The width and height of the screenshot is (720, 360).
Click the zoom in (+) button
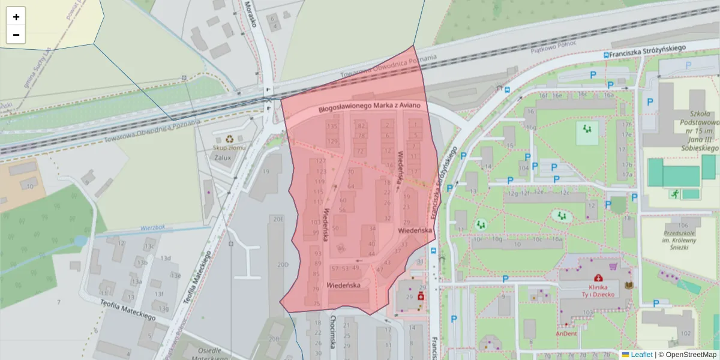pyautogui.click(x=16, y=17)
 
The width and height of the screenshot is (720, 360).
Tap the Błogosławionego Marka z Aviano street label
pyautogui.click(x=373, y=107)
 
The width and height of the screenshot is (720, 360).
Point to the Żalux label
pyautogui.click(x=223, y=157)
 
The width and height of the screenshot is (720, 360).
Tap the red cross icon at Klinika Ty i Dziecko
pyautogui.click(x=598, y=277)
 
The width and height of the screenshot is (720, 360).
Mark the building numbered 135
pyautogui.click(x=332, y=126)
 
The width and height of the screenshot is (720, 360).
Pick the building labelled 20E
pyautogui.click(x=278, y=220)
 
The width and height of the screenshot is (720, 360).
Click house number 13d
pyautogui.click(x=166, y=259)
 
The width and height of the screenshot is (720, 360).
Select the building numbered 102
pyautogui.click(x=686, y=334)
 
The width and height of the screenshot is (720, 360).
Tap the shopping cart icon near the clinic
pyautogui.click(x=613, y=266)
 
